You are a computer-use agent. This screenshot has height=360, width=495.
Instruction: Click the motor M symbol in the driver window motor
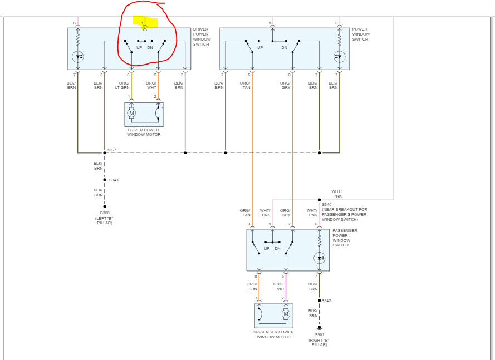[x=131, y=114]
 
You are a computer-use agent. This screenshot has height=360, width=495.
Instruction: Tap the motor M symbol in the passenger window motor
[x=286, y=314]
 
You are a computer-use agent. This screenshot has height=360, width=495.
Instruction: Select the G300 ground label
[x=105, y=213]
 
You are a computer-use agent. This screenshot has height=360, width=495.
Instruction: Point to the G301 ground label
[x=320, y=334]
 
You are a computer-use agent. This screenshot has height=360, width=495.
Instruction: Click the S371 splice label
[x=112, y=150]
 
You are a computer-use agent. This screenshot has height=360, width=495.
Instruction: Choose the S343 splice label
[x=114, y=180]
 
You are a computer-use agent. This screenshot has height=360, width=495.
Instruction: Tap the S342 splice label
[x=326, y=301]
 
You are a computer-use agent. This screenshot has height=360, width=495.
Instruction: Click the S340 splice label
[x=327, y=205]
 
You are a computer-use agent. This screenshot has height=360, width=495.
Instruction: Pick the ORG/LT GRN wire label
[x=122, y=85]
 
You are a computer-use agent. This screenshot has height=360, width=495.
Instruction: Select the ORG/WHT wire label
[x=151, y=85]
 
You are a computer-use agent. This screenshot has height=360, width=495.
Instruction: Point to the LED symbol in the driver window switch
[x=78, y=56]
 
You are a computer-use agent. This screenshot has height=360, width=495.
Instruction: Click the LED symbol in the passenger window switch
[x=320, y=258]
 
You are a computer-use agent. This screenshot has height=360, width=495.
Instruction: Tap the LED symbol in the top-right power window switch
[x=339, y=56]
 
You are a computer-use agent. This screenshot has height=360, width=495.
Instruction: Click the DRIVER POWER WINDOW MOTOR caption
[x=144, y=132]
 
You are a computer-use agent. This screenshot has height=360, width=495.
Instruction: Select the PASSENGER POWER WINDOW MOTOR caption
[x=273, y=334]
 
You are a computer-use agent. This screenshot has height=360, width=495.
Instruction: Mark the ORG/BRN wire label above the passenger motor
[x=252, y=287]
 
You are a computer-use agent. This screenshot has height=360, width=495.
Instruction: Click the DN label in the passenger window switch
[x=277, y=248]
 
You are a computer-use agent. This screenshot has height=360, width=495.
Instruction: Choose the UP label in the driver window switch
[x=139, y=47]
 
